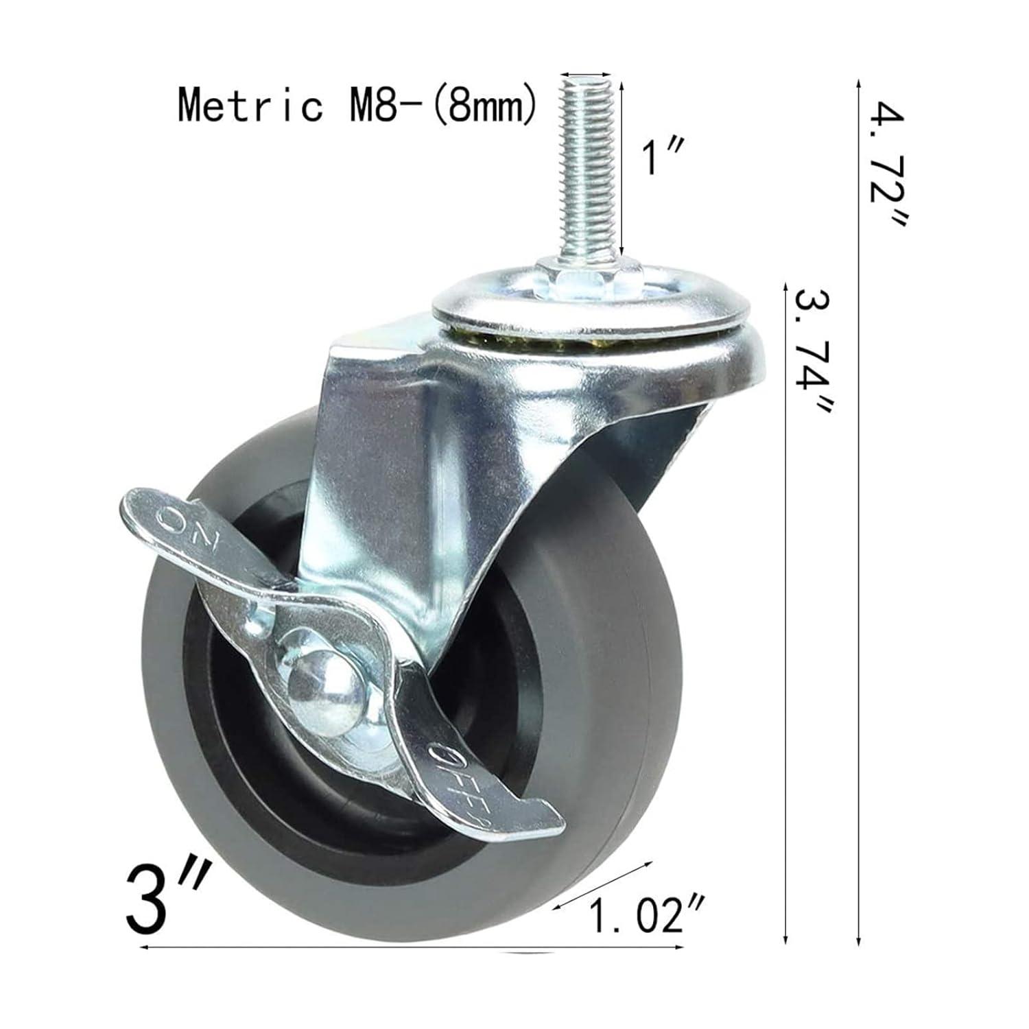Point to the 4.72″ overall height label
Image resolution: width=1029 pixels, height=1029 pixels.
pyautogui.click(x=887, y=165)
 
